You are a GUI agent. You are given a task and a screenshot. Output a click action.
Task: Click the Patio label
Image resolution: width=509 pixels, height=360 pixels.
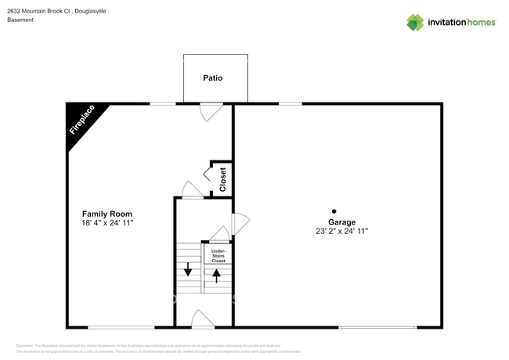click(212, 78)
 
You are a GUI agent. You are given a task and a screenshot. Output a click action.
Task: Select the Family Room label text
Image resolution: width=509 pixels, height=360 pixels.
click(107, 214)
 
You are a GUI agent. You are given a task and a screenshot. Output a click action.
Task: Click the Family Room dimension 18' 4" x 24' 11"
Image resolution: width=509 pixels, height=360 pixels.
click(107, 224)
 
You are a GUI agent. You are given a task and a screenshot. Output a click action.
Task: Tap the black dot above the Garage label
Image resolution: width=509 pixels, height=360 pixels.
click(334, 211)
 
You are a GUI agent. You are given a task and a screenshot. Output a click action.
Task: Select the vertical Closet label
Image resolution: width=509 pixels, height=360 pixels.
click(222, 179)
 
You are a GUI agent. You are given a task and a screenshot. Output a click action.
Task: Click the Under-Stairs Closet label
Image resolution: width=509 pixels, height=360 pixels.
click(218, 256)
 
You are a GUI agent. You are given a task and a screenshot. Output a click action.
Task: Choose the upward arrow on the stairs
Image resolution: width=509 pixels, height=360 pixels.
click(217, 275)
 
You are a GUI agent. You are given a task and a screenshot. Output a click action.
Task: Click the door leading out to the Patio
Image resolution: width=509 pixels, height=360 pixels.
click(210, 112)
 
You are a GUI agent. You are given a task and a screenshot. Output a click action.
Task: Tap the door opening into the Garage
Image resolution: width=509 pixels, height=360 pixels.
click(240, 222)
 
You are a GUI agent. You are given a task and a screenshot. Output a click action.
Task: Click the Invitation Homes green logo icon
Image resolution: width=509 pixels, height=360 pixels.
click(415, 22)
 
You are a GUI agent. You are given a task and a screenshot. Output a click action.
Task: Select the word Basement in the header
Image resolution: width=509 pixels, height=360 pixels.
click(20, 20)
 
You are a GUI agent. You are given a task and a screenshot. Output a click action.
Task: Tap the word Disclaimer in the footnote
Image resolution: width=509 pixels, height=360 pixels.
click(25, 345)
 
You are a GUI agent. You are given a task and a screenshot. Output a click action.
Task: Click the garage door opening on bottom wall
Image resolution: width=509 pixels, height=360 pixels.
click(377, 327)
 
